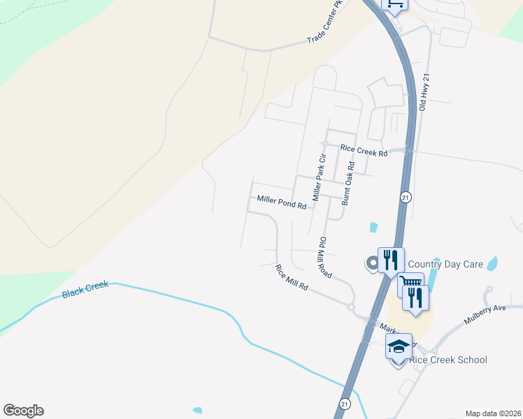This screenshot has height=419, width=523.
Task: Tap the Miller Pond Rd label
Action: tap(282, 202)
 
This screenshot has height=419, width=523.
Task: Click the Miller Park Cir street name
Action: tap(320, 178)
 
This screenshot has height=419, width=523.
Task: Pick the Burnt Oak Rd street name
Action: tap(348, 184)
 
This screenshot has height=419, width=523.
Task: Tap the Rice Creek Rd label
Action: tap(364, 150)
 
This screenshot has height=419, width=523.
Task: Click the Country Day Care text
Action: tap(445, 264)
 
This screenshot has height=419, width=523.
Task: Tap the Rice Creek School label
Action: tap(448, 360)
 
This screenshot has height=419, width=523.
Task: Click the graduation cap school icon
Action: tap(399, 345)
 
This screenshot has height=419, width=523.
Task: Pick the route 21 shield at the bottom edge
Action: tap(345, 404)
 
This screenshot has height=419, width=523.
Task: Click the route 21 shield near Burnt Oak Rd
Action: tap(406, 198)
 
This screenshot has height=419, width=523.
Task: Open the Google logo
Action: tap(23, 411)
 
